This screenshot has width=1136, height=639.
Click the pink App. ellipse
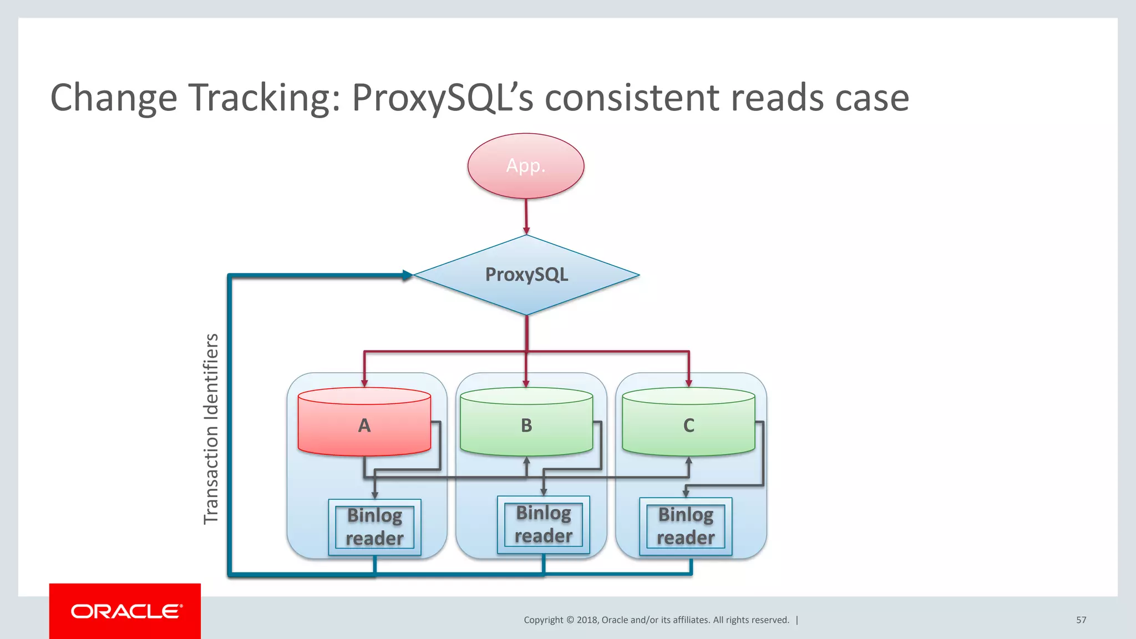click(525, 166)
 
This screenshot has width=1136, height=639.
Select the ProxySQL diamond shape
click(526, 275)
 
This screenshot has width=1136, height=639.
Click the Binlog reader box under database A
click(374, 527)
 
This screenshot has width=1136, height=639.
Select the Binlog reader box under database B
click(543, 525)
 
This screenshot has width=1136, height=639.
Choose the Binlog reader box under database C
click(686, 526)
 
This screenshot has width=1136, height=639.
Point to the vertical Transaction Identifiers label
click(211, 428)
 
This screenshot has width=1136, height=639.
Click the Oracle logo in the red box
click(125, 611)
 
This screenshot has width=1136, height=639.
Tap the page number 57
click(1081, 620)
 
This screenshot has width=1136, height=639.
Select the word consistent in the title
click(632, 98)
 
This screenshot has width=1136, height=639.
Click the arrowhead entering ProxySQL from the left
click(408, 275)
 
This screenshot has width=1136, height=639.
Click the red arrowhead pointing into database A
click(364, 383)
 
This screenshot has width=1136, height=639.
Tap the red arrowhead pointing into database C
click(688, 383)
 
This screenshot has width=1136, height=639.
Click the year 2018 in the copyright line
click(587, 620)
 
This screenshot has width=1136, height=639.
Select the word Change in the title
click(114, 98)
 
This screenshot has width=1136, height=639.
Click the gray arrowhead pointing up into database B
click(526, 461)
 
